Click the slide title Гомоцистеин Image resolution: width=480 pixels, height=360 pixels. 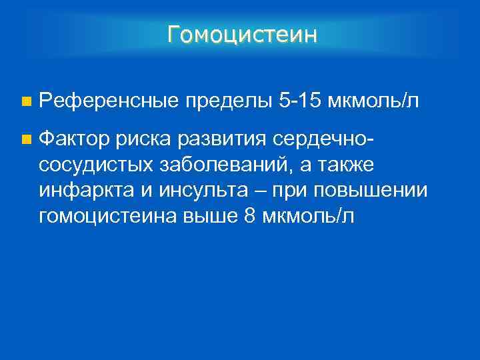[x=242, y=33]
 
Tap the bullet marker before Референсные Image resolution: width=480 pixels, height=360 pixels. [x=25, y=102]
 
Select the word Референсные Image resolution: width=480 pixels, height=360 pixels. [x=108, y=101]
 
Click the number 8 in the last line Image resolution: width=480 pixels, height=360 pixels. [x=249, y=215]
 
